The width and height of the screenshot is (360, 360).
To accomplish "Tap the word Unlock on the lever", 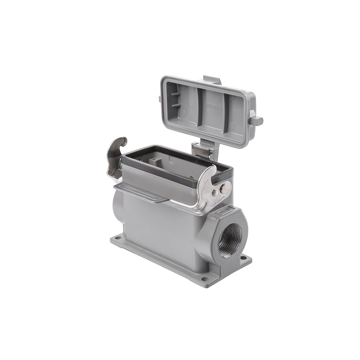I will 221,203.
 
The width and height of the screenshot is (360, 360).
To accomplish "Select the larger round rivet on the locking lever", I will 224,188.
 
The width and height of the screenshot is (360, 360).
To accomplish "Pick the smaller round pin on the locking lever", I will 215,193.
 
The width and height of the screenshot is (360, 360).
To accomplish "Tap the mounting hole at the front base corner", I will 204,278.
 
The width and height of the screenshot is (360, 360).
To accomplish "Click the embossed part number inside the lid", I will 215,107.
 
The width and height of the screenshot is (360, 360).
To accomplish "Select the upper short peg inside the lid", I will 175,94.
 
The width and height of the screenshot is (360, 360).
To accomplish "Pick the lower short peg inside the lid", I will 175,105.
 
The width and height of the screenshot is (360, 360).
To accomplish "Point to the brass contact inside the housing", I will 191,177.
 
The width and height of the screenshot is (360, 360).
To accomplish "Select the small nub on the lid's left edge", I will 159,99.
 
